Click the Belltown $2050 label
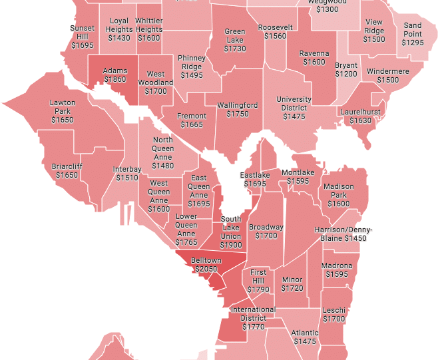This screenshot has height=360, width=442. pos(206,264)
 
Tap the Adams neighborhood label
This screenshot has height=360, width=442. pos(115,70)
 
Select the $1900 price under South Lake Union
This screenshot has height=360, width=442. pos(231,245)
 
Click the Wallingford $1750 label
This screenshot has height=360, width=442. pos(237,110)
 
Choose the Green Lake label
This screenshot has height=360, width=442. pos(235,35)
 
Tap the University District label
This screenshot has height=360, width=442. pos(294,104)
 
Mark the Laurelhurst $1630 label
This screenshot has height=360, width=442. pos(360,116)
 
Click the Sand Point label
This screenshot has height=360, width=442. pos(413,29)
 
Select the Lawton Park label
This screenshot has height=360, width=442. pos(62,107)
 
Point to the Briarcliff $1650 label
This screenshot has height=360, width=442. pos(67,171)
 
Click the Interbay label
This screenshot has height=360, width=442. pos(127,169)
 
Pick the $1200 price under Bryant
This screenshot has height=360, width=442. pos(346,75)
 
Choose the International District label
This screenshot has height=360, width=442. pos(253,313)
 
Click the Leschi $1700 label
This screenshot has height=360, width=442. pos(334,315)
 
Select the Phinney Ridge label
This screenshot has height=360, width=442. pos(192,63)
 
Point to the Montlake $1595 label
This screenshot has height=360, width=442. pos(298,177)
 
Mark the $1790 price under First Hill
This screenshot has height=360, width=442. pos(258,289)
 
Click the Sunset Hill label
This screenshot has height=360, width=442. pos(83,32)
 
